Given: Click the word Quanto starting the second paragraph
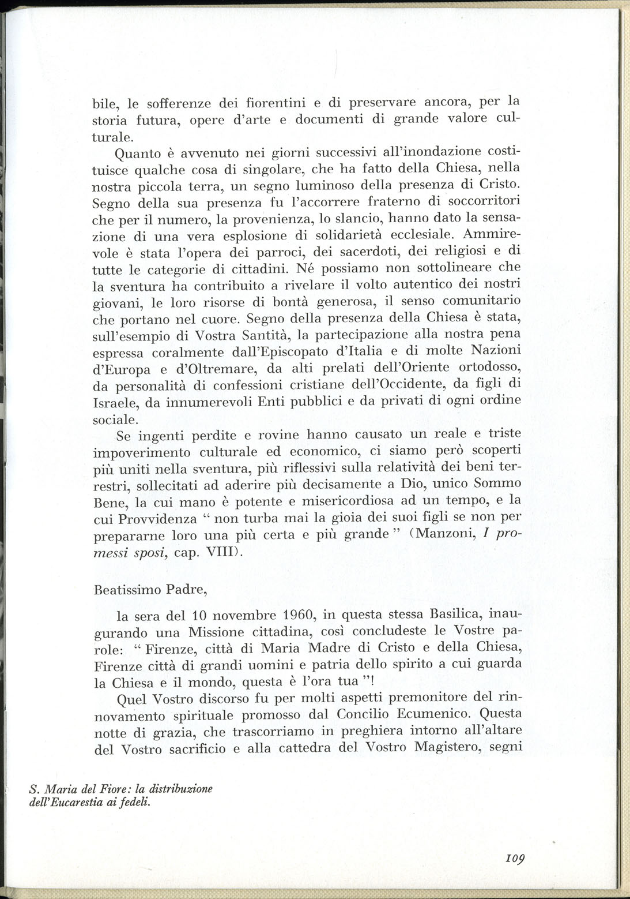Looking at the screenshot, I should pos(136,153).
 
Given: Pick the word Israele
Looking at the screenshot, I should pos(116,401).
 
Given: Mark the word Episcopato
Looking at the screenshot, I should pos(319,351).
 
